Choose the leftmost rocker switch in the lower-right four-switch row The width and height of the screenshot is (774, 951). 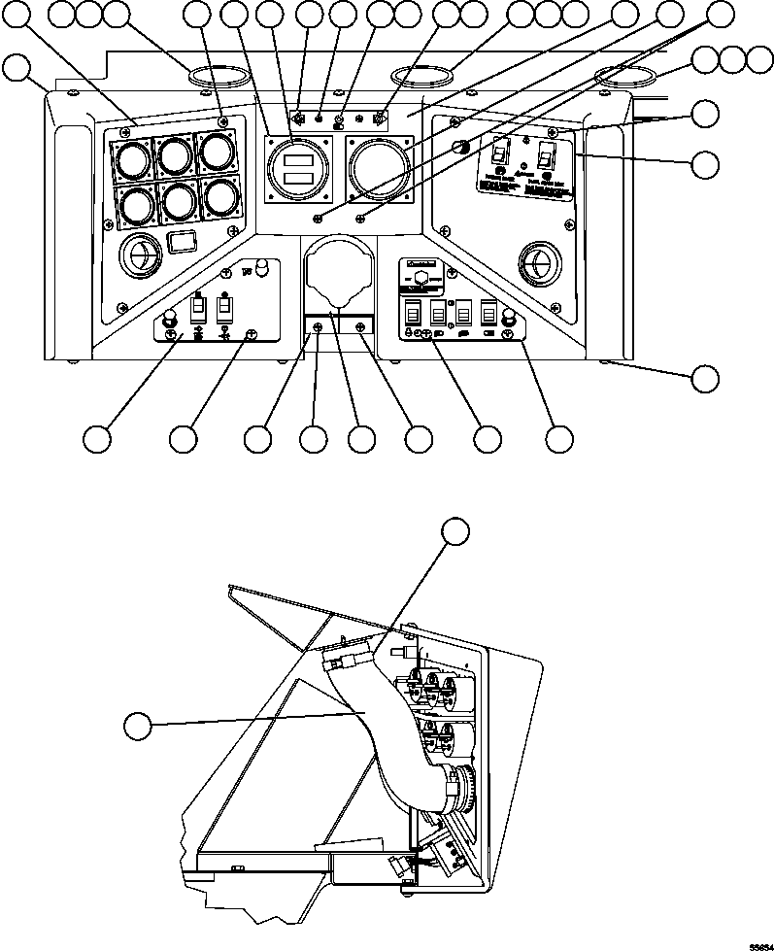[x=412, y=313]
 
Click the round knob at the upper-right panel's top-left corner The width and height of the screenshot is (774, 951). [x=461, y=147]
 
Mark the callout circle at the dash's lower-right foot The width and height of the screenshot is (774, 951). [x=706, y=378]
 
